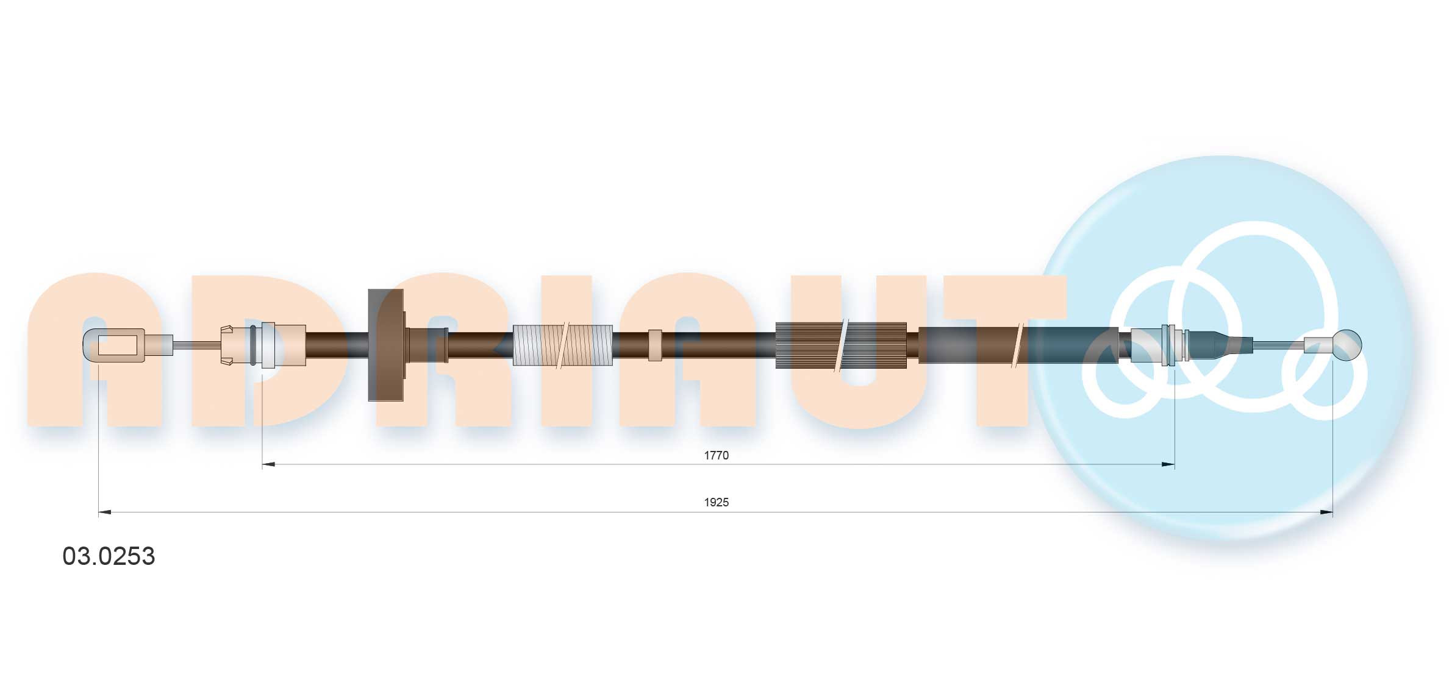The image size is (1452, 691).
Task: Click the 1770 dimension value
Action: (716, 455)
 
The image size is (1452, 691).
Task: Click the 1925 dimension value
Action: (716, 502)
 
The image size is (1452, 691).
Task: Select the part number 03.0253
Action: (109, 556)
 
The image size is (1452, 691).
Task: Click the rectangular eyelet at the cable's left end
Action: (114, 345)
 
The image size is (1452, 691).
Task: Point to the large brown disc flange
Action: (386, 345)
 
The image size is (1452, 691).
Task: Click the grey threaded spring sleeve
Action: (562, 345)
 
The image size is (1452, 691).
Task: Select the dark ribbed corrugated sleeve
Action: (841, 345)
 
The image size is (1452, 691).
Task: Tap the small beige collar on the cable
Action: (655, 345)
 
